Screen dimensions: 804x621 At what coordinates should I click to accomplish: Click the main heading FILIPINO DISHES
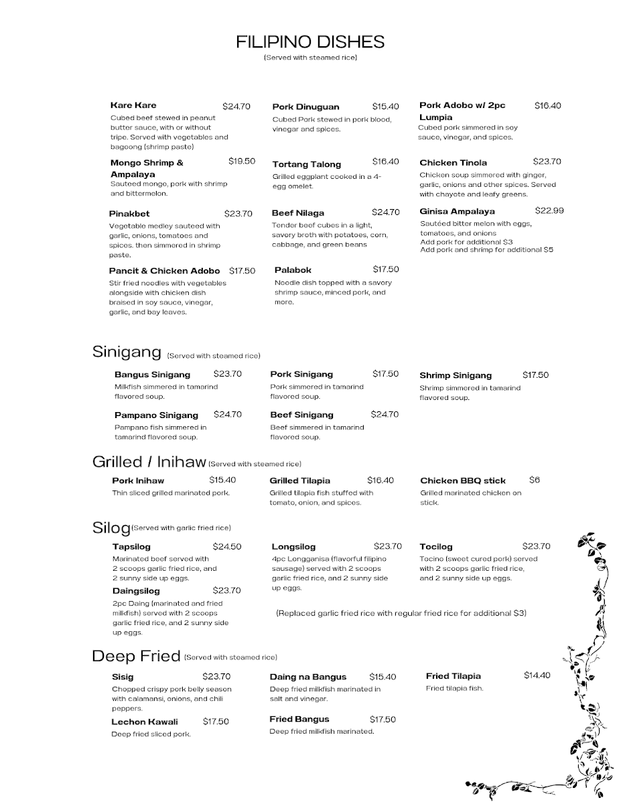[310, 42]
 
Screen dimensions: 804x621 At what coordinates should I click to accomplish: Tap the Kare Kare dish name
[133, 105]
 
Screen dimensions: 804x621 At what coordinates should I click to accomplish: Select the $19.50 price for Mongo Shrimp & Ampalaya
[241, 161]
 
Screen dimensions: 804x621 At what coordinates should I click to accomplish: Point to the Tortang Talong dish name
[306, 164]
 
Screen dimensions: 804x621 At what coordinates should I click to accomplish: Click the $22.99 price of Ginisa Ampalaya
[549, 210]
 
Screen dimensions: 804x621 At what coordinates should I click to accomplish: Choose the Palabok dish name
[293, 270]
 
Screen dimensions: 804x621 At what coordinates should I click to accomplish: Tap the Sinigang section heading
[127, 352]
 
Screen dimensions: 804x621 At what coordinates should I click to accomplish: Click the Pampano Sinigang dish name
[156, 415]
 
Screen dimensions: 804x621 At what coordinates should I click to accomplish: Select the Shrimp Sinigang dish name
[456, 375]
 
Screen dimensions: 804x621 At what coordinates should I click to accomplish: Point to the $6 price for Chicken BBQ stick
[534, 480]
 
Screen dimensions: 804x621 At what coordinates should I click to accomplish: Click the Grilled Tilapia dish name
[299, 480]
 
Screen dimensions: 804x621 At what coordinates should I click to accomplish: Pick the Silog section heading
[111, 528]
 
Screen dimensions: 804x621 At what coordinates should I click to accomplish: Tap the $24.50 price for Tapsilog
[227, 547]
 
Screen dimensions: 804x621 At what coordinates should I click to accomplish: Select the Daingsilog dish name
[136, 591]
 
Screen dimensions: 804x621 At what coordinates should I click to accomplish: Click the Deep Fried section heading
[136, 656]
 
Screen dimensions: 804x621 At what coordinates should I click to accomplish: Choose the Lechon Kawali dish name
[145, 722]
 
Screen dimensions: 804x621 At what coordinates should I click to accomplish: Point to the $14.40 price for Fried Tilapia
[537, 675]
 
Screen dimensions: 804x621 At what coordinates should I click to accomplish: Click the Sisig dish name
[123, 677]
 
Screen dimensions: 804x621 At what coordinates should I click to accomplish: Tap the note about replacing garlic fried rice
[401, 613]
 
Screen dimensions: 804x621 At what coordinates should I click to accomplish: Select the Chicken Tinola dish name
[453, 163]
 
